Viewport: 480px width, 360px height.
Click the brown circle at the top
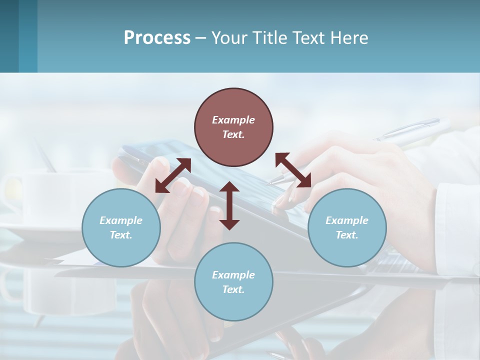pyautogui.click(x=233, y=127)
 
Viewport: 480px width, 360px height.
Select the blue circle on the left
pyautogui.click(x=121, y=227)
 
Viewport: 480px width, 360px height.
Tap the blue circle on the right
pyautogui.click(x=347, y=227)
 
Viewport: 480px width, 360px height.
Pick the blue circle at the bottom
pyautogui.click(x=233, y=282)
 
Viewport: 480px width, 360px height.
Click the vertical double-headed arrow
pyautogui.click(x=229, y=205)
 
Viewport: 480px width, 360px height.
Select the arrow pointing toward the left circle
pyautogui.click(x=173, y=175)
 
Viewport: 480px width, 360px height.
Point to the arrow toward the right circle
pyautogui.click(x=293, y=170)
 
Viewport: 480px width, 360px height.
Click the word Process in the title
pyautogui.click(x=157, y=37)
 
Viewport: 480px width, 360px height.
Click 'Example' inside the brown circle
pyautogui.click(x=233, y=120)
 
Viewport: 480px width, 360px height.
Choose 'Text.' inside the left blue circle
pyautogui.click(x=121, y=235)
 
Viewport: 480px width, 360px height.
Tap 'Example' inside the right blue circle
pyautogui.click(x=347, y=220)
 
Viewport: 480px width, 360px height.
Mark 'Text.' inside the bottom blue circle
pyautogui.click(x=233, y=289)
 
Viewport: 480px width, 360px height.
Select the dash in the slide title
pyautogui.click(x=201, y=38)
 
